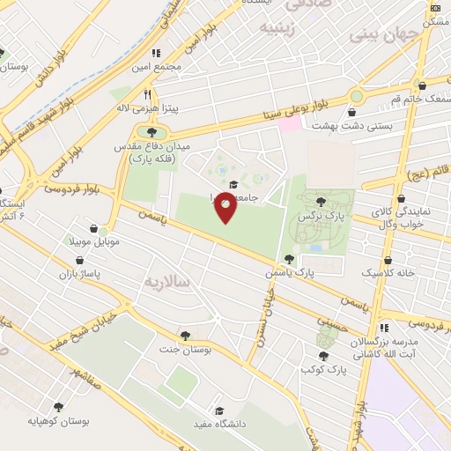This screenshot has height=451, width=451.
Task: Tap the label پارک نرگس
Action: point(320,215)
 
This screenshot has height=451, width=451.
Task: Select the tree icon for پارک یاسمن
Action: point(289,259)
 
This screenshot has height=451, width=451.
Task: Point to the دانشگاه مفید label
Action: point(218,425)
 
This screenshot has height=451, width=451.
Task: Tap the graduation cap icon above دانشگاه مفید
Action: point(219,410)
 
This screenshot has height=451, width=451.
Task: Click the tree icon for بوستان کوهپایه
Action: point(58,407)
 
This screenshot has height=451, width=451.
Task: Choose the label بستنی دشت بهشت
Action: point(352,127)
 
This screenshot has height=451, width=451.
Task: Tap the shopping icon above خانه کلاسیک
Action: point(388,261)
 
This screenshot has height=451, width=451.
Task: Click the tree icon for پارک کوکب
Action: point(323,357)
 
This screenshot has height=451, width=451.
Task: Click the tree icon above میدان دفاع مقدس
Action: point(139,132)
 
